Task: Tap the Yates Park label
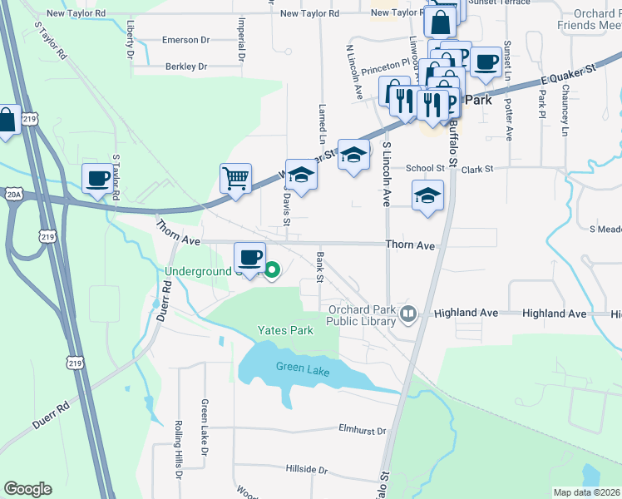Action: coord(284,330)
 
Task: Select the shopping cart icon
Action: coord(236,177)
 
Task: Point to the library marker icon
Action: coord(407,314)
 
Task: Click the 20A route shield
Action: coord(13,194)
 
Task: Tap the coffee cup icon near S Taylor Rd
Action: coord(98,177)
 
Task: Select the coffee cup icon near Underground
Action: coord(249,255)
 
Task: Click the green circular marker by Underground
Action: coord(272,269)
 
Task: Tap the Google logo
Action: coord(27,489)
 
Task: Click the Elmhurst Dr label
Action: coord(363,431)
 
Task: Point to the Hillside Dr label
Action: coord(305,469)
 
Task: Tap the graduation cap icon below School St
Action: coord(427,195)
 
